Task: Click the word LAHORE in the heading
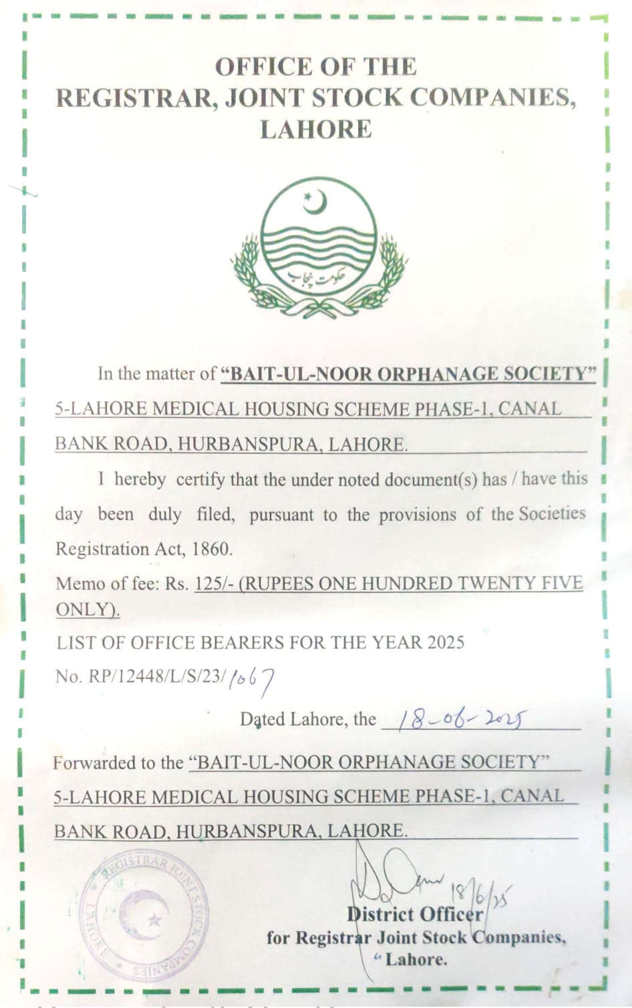click(x=315, y=130)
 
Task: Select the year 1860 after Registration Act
click(x=211, y=549)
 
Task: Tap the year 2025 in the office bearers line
click(x=446, y=642)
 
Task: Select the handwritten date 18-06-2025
click(x=462, y=719)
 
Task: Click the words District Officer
click(x=414, y=914)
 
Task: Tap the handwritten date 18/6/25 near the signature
click(x=480, y=894)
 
